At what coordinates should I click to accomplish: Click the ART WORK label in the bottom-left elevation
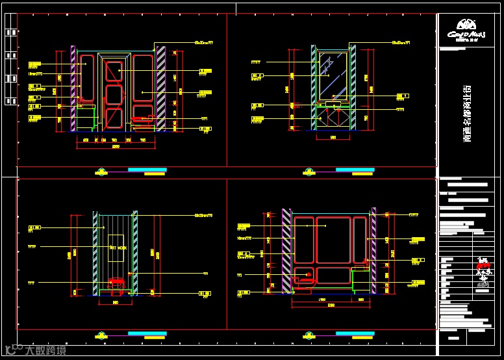(118, 248)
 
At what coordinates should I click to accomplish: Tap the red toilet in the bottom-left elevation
(116, 283)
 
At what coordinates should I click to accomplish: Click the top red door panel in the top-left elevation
(114, 71)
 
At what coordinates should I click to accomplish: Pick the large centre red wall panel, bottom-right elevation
(333, 240)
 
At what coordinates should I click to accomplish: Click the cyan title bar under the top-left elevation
(147, 170)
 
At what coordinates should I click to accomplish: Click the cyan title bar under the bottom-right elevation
(355, 333)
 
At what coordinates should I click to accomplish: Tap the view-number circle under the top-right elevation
(309, 172)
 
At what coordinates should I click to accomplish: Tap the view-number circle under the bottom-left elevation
(101, 335)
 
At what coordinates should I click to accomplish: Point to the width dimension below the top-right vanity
(333, 138)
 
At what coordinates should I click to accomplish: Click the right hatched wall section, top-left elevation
(160, 88)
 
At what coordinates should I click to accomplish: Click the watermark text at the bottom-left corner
(45, 351)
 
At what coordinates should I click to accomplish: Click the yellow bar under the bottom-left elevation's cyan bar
(154, 337)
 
